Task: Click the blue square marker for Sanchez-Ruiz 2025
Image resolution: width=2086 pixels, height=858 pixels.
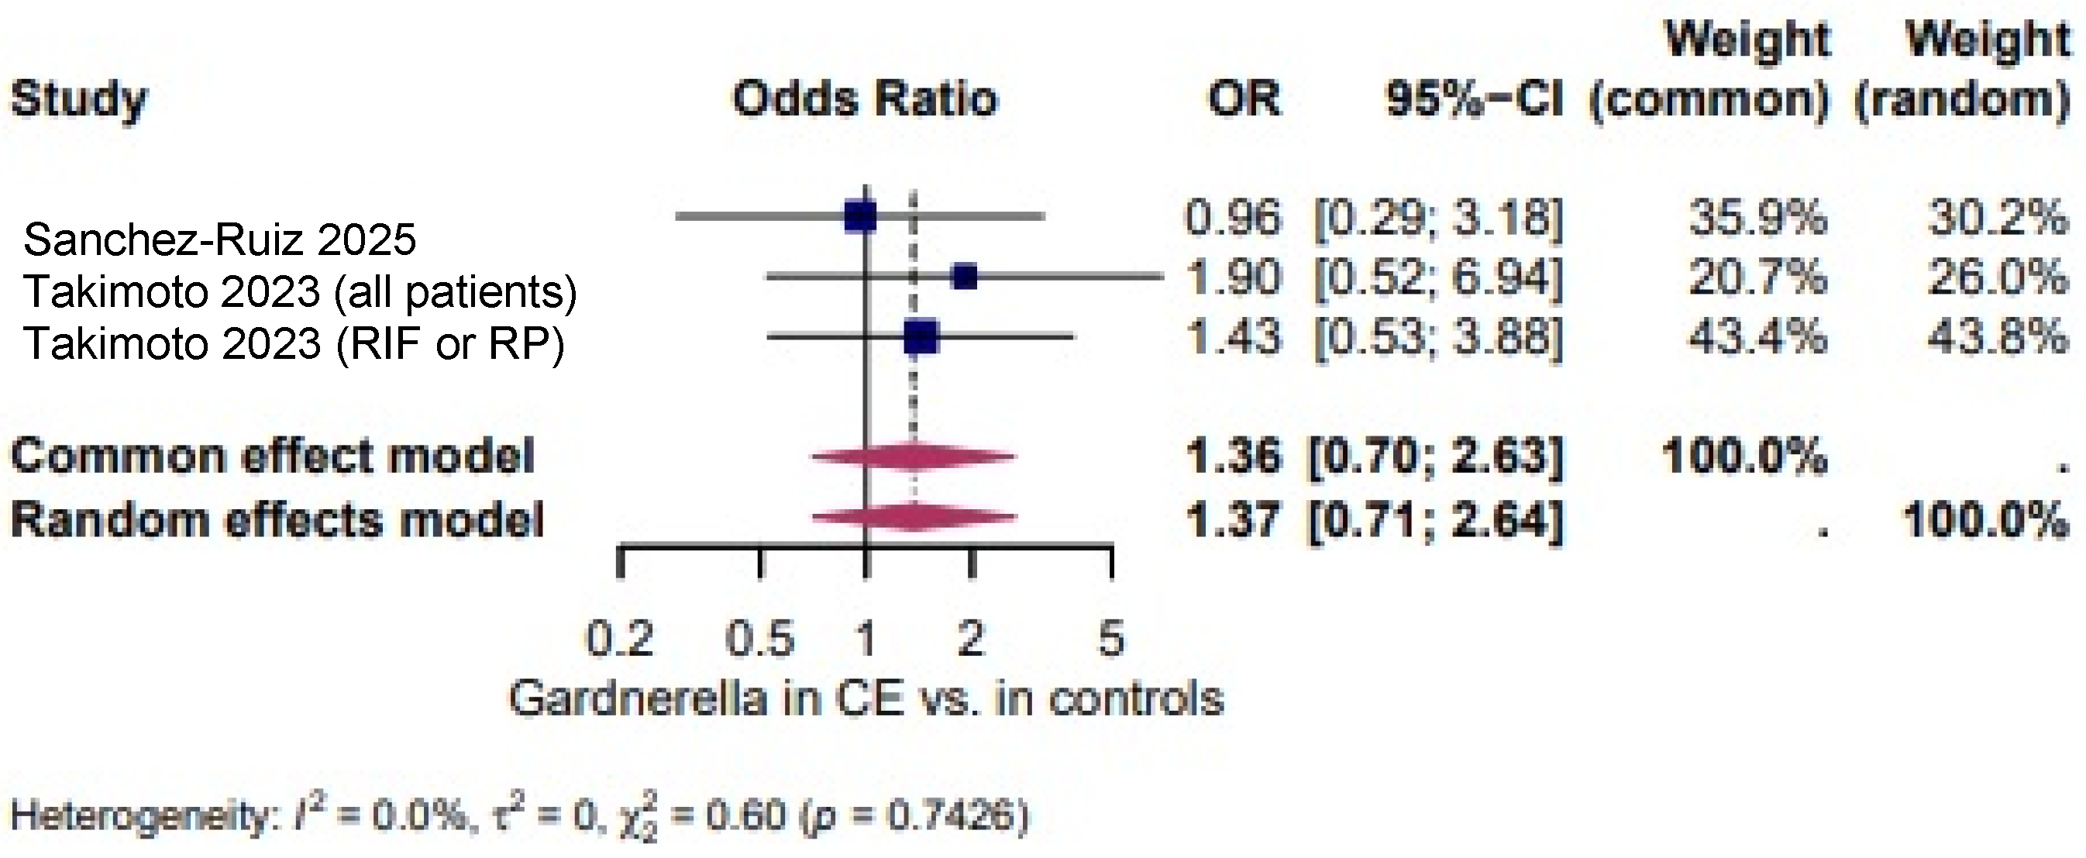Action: tap(860, 217)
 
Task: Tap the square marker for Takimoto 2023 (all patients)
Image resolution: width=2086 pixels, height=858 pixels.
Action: tap(966, 277)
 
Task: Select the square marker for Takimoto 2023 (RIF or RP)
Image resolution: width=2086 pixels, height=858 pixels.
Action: tap(921, 336)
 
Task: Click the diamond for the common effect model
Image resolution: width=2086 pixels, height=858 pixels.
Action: tap(914, 457)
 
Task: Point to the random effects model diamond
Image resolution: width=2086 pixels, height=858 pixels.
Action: tap(914, 517)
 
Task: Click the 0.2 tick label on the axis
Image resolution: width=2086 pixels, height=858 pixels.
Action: tap(619, 639)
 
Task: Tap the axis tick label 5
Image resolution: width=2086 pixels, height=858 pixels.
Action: tap(1111, 639)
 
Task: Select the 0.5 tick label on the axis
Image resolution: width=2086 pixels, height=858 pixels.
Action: tap(759, 639)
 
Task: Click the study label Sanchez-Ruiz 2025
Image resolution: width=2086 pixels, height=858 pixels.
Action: tap(219, 239)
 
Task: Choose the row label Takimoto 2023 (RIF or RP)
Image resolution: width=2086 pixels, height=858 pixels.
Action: tap(294, 343)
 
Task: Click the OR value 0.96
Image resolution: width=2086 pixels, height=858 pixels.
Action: tap(1234, 217)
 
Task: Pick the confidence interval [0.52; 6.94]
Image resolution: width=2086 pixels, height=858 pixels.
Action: tap(1438, 278)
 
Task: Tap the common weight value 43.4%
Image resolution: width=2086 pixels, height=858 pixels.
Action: tap(1757, 336)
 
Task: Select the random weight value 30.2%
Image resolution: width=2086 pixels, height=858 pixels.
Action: tap(1997, 217)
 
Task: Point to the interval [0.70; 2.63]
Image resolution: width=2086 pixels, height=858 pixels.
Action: tap(1437, 457)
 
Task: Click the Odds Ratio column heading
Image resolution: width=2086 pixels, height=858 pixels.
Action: tap(865, 99)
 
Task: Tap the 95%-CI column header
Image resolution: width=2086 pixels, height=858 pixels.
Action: tap(1474, 99)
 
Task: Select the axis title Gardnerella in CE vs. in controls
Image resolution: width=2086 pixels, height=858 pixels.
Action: tap(866, 698)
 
